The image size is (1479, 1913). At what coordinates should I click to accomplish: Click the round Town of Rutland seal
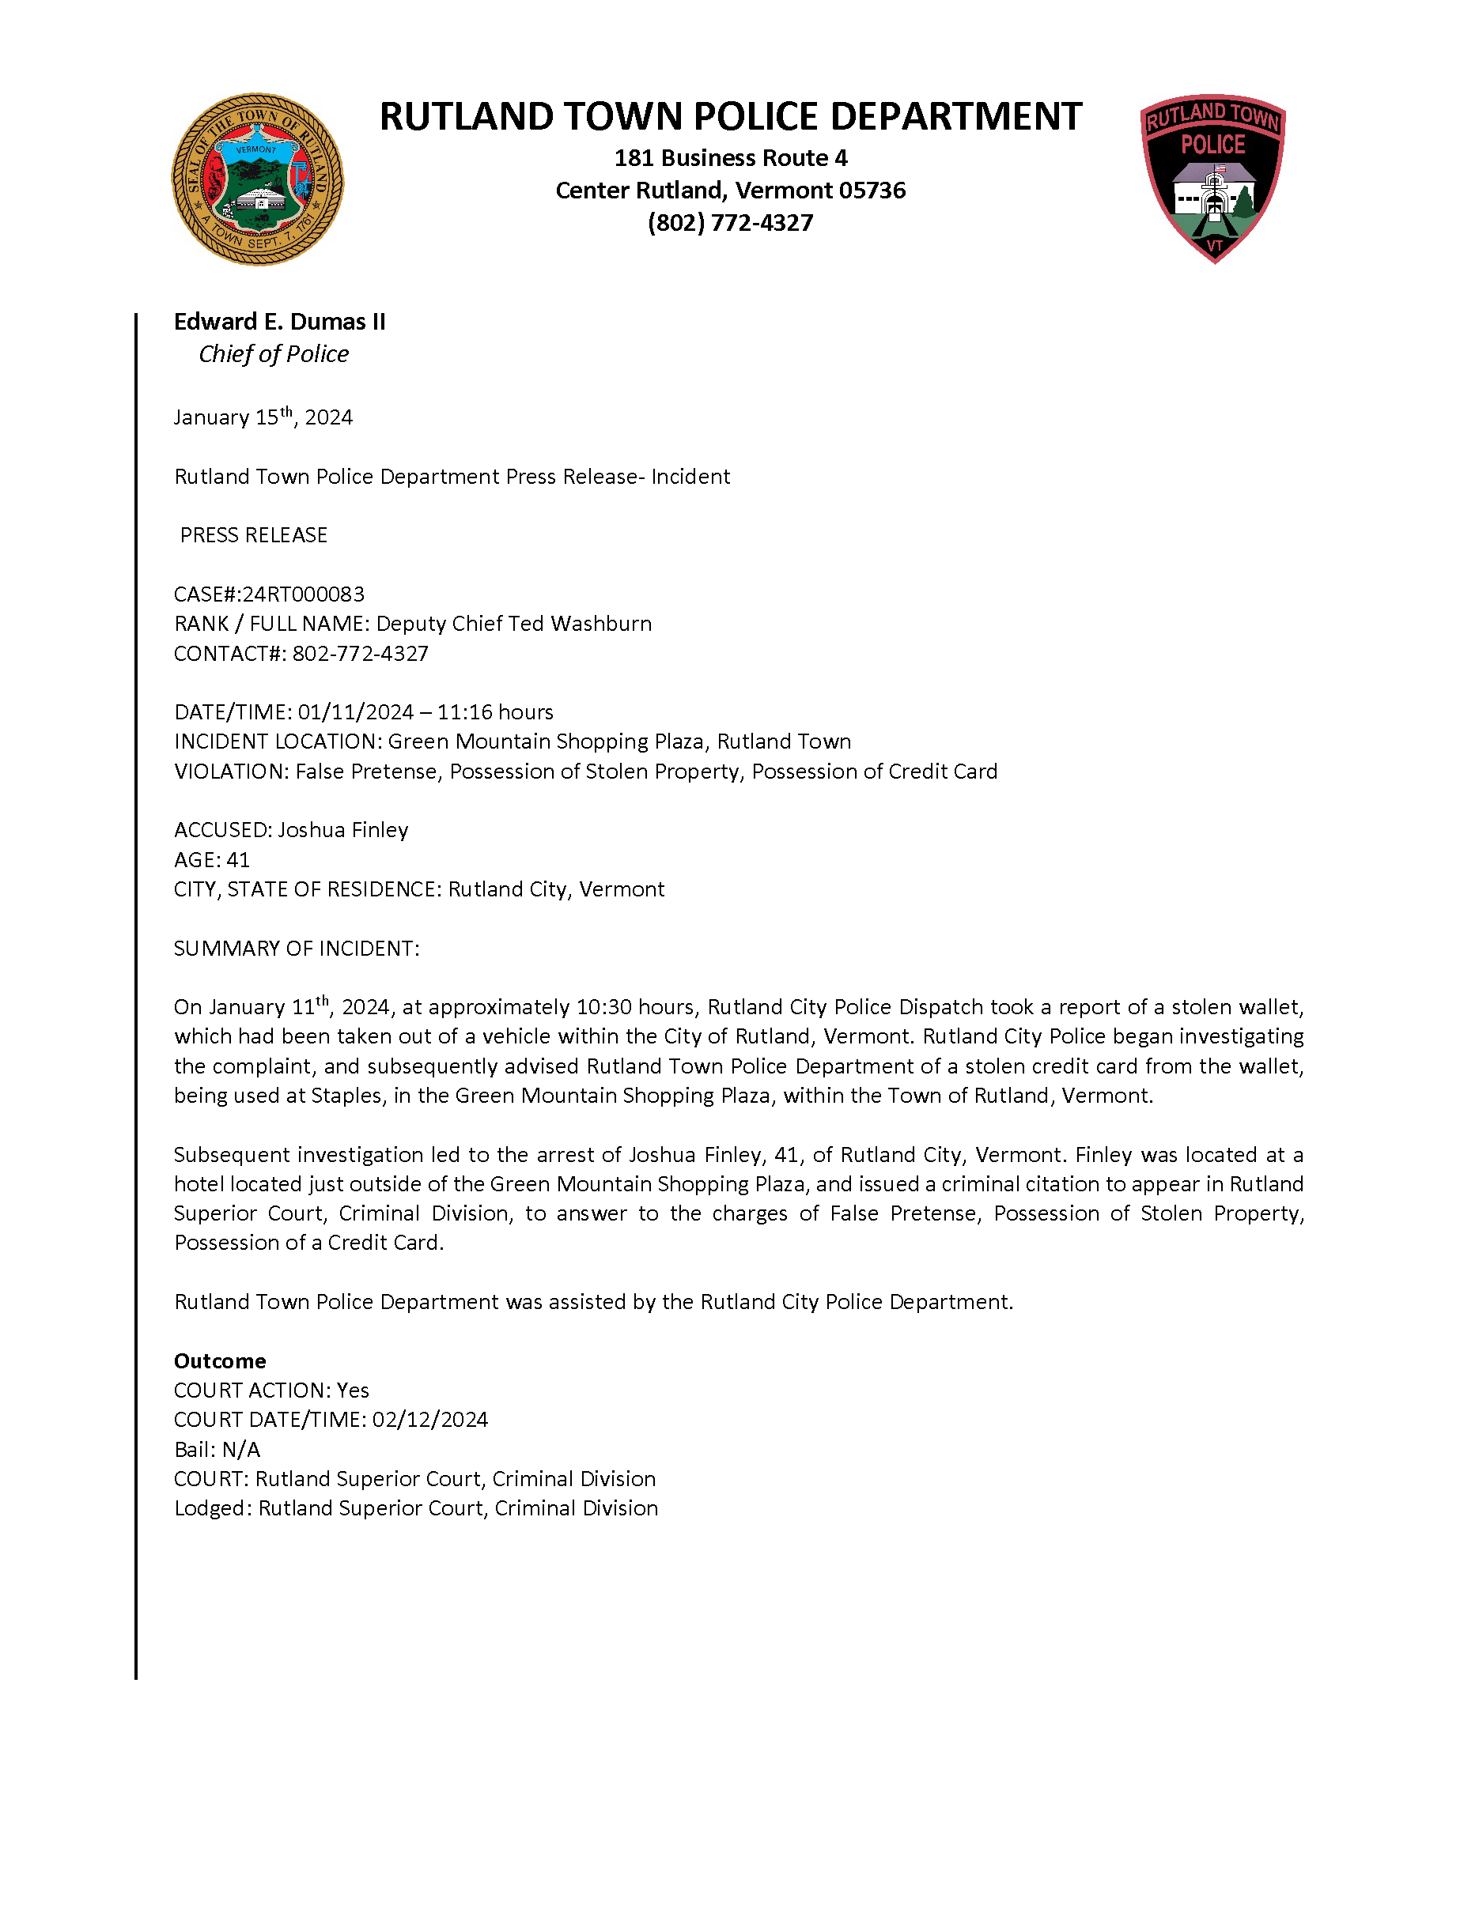point(258,179)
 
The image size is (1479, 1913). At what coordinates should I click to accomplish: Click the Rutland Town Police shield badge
point(1212,178)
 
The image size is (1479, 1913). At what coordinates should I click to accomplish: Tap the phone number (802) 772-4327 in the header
point(730,224)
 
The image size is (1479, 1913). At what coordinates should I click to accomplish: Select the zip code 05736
point(872,191)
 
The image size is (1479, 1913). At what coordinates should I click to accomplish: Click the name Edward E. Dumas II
point(279,322)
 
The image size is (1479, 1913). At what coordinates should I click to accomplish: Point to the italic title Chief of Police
point(274,354)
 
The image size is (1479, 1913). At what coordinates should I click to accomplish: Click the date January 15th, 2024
point(263,417)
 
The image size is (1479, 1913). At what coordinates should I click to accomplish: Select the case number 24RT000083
point(303,594)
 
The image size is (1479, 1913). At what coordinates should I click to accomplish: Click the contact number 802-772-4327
point(360,654)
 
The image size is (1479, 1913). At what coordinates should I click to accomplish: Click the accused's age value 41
point(238,859)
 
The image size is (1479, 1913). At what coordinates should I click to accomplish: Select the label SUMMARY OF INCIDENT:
point(296,949)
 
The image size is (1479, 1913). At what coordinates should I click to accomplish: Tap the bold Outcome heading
point(220,1360)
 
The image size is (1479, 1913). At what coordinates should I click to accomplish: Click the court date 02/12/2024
point(430,1419)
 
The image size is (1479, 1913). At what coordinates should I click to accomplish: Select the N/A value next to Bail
point(241,1449)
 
